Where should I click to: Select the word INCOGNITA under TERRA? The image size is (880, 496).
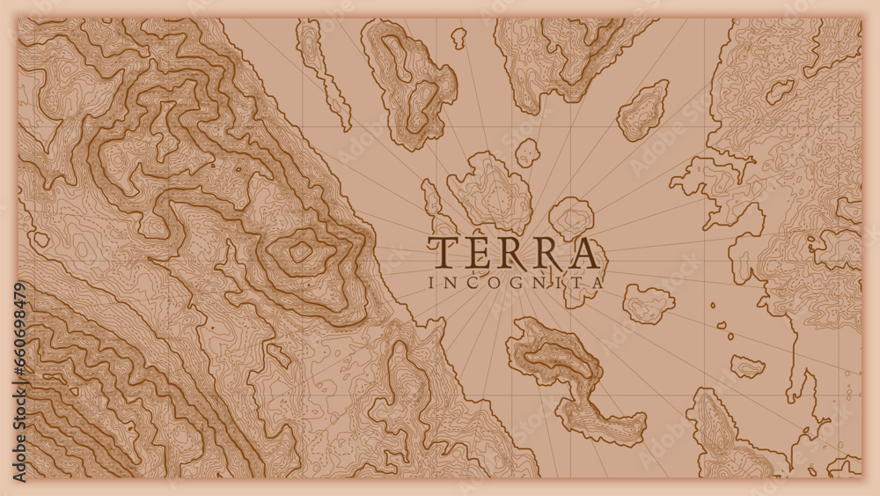click(515, 284)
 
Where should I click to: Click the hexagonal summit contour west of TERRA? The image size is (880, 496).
click(301, 252)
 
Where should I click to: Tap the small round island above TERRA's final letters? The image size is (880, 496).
click(571, 216)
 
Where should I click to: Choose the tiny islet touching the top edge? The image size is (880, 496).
click(458, 37)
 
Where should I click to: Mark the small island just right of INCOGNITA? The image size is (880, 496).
click(649, 303)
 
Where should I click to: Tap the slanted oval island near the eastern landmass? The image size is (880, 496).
click(643, 111)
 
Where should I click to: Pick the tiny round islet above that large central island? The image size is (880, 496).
click(527, 152)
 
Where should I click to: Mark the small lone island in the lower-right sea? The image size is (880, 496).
click(747, 366)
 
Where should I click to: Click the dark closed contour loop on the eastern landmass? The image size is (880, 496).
click(779, 91)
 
